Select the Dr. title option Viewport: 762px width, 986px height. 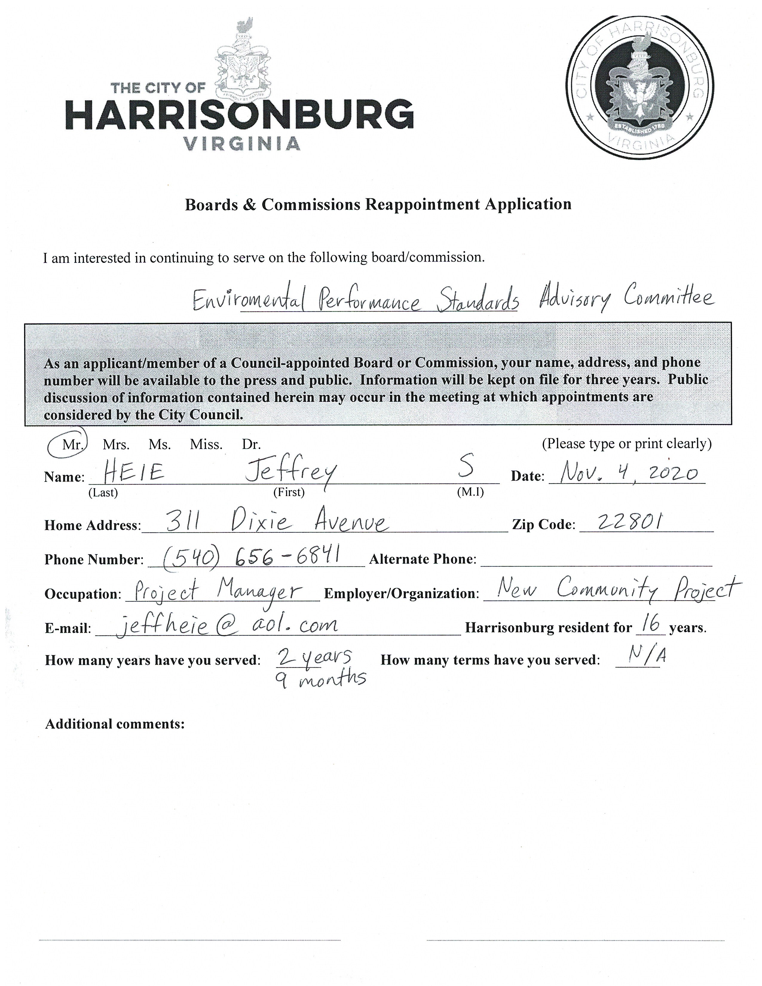[x=251, y=444]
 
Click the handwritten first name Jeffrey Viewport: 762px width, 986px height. [x=290, y=474]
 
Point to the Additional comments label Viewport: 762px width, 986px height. [x=115, y=724]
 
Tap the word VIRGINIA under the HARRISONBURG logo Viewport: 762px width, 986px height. [x=242, y=143]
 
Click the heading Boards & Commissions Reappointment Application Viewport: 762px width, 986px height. [x=378, y=204]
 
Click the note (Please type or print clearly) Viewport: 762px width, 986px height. [x=627, y=444]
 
